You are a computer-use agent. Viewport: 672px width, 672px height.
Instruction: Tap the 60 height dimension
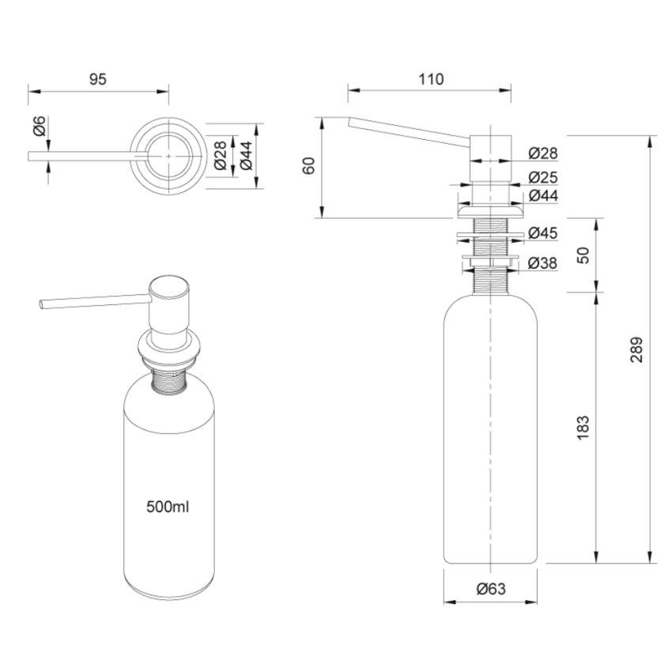click(x=310, y=166)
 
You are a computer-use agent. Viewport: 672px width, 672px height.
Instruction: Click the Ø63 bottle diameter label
click(x=491, y=589)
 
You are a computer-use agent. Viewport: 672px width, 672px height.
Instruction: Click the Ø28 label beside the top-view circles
click(x=221, y=156)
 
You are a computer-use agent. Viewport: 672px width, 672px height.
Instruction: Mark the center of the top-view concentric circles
click(x=169, y=156)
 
